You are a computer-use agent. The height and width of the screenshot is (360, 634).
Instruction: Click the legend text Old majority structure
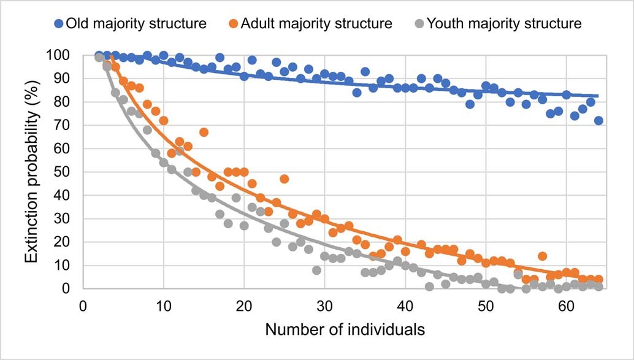(136, 24)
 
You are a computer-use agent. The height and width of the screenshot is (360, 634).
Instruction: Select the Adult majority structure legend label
(316, 24)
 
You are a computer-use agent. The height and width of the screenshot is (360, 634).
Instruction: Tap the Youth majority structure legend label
(503, 24)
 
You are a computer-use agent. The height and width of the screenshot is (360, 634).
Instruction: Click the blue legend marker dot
(58, 25)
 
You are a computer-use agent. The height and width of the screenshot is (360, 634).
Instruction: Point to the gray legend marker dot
(419, 25)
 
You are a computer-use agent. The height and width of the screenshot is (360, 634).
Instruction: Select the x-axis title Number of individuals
(345, 330)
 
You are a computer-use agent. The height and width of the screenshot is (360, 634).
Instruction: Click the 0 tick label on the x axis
(83, 305)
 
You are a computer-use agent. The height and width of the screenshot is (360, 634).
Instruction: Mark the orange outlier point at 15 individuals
(204, 132)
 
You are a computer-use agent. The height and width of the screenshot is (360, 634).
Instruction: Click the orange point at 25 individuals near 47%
(284, 178)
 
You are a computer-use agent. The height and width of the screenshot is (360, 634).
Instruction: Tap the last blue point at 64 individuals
(598, 120)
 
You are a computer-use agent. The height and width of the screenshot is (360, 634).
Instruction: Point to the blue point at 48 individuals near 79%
(470, 104)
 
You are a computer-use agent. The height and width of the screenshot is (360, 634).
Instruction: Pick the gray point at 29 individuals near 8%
(316, 270)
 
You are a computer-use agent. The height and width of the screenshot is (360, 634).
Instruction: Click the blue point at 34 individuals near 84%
(357, 92)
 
